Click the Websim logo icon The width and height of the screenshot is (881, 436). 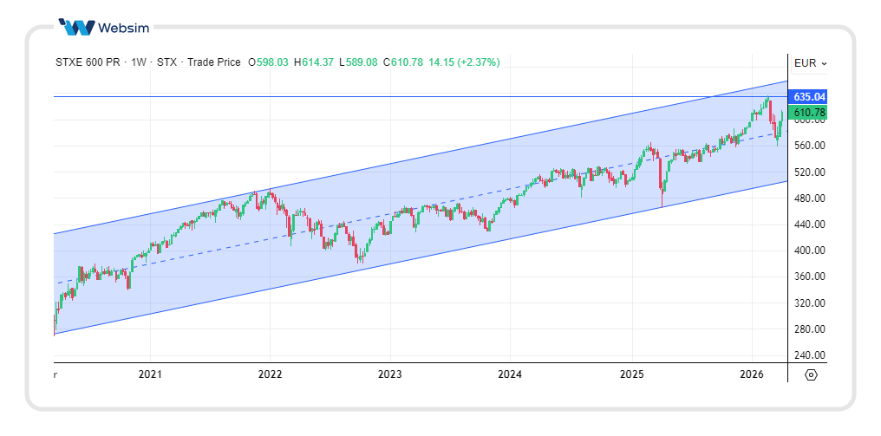click(x=76, y=27)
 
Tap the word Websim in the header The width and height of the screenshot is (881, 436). click(x=124, y=27)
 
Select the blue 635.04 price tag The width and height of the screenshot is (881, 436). click(x=808, y=96)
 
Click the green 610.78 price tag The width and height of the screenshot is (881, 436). click(x=808, y=113)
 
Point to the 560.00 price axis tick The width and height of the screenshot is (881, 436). click(x=808, y=146)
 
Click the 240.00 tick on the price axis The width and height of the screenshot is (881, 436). click(x=808, y=355)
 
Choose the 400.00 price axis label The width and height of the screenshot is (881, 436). click(x=808, y=251)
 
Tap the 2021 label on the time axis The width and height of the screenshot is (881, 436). click(x=150, y=374)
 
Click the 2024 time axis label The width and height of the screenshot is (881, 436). click(x=510, y=374)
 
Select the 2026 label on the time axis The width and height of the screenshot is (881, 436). click(x=751, y=374)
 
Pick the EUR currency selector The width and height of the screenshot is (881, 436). click(x=810, y=62)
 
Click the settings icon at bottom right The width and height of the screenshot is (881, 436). click(x=811, y=374)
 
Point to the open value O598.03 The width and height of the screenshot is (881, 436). click(x=269, y=62)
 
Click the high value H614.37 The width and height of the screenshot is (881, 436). click(x=314, y=62)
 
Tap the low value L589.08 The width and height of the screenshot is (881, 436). click(x=359, y=62)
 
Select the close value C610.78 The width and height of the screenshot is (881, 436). click(x=402, y=62)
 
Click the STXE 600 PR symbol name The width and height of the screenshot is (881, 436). click(x=88, y=62)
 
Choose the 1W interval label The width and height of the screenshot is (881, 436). click(x=139, y=62)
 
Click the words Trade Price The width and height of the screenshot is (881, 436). click(x=214, y=62)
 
